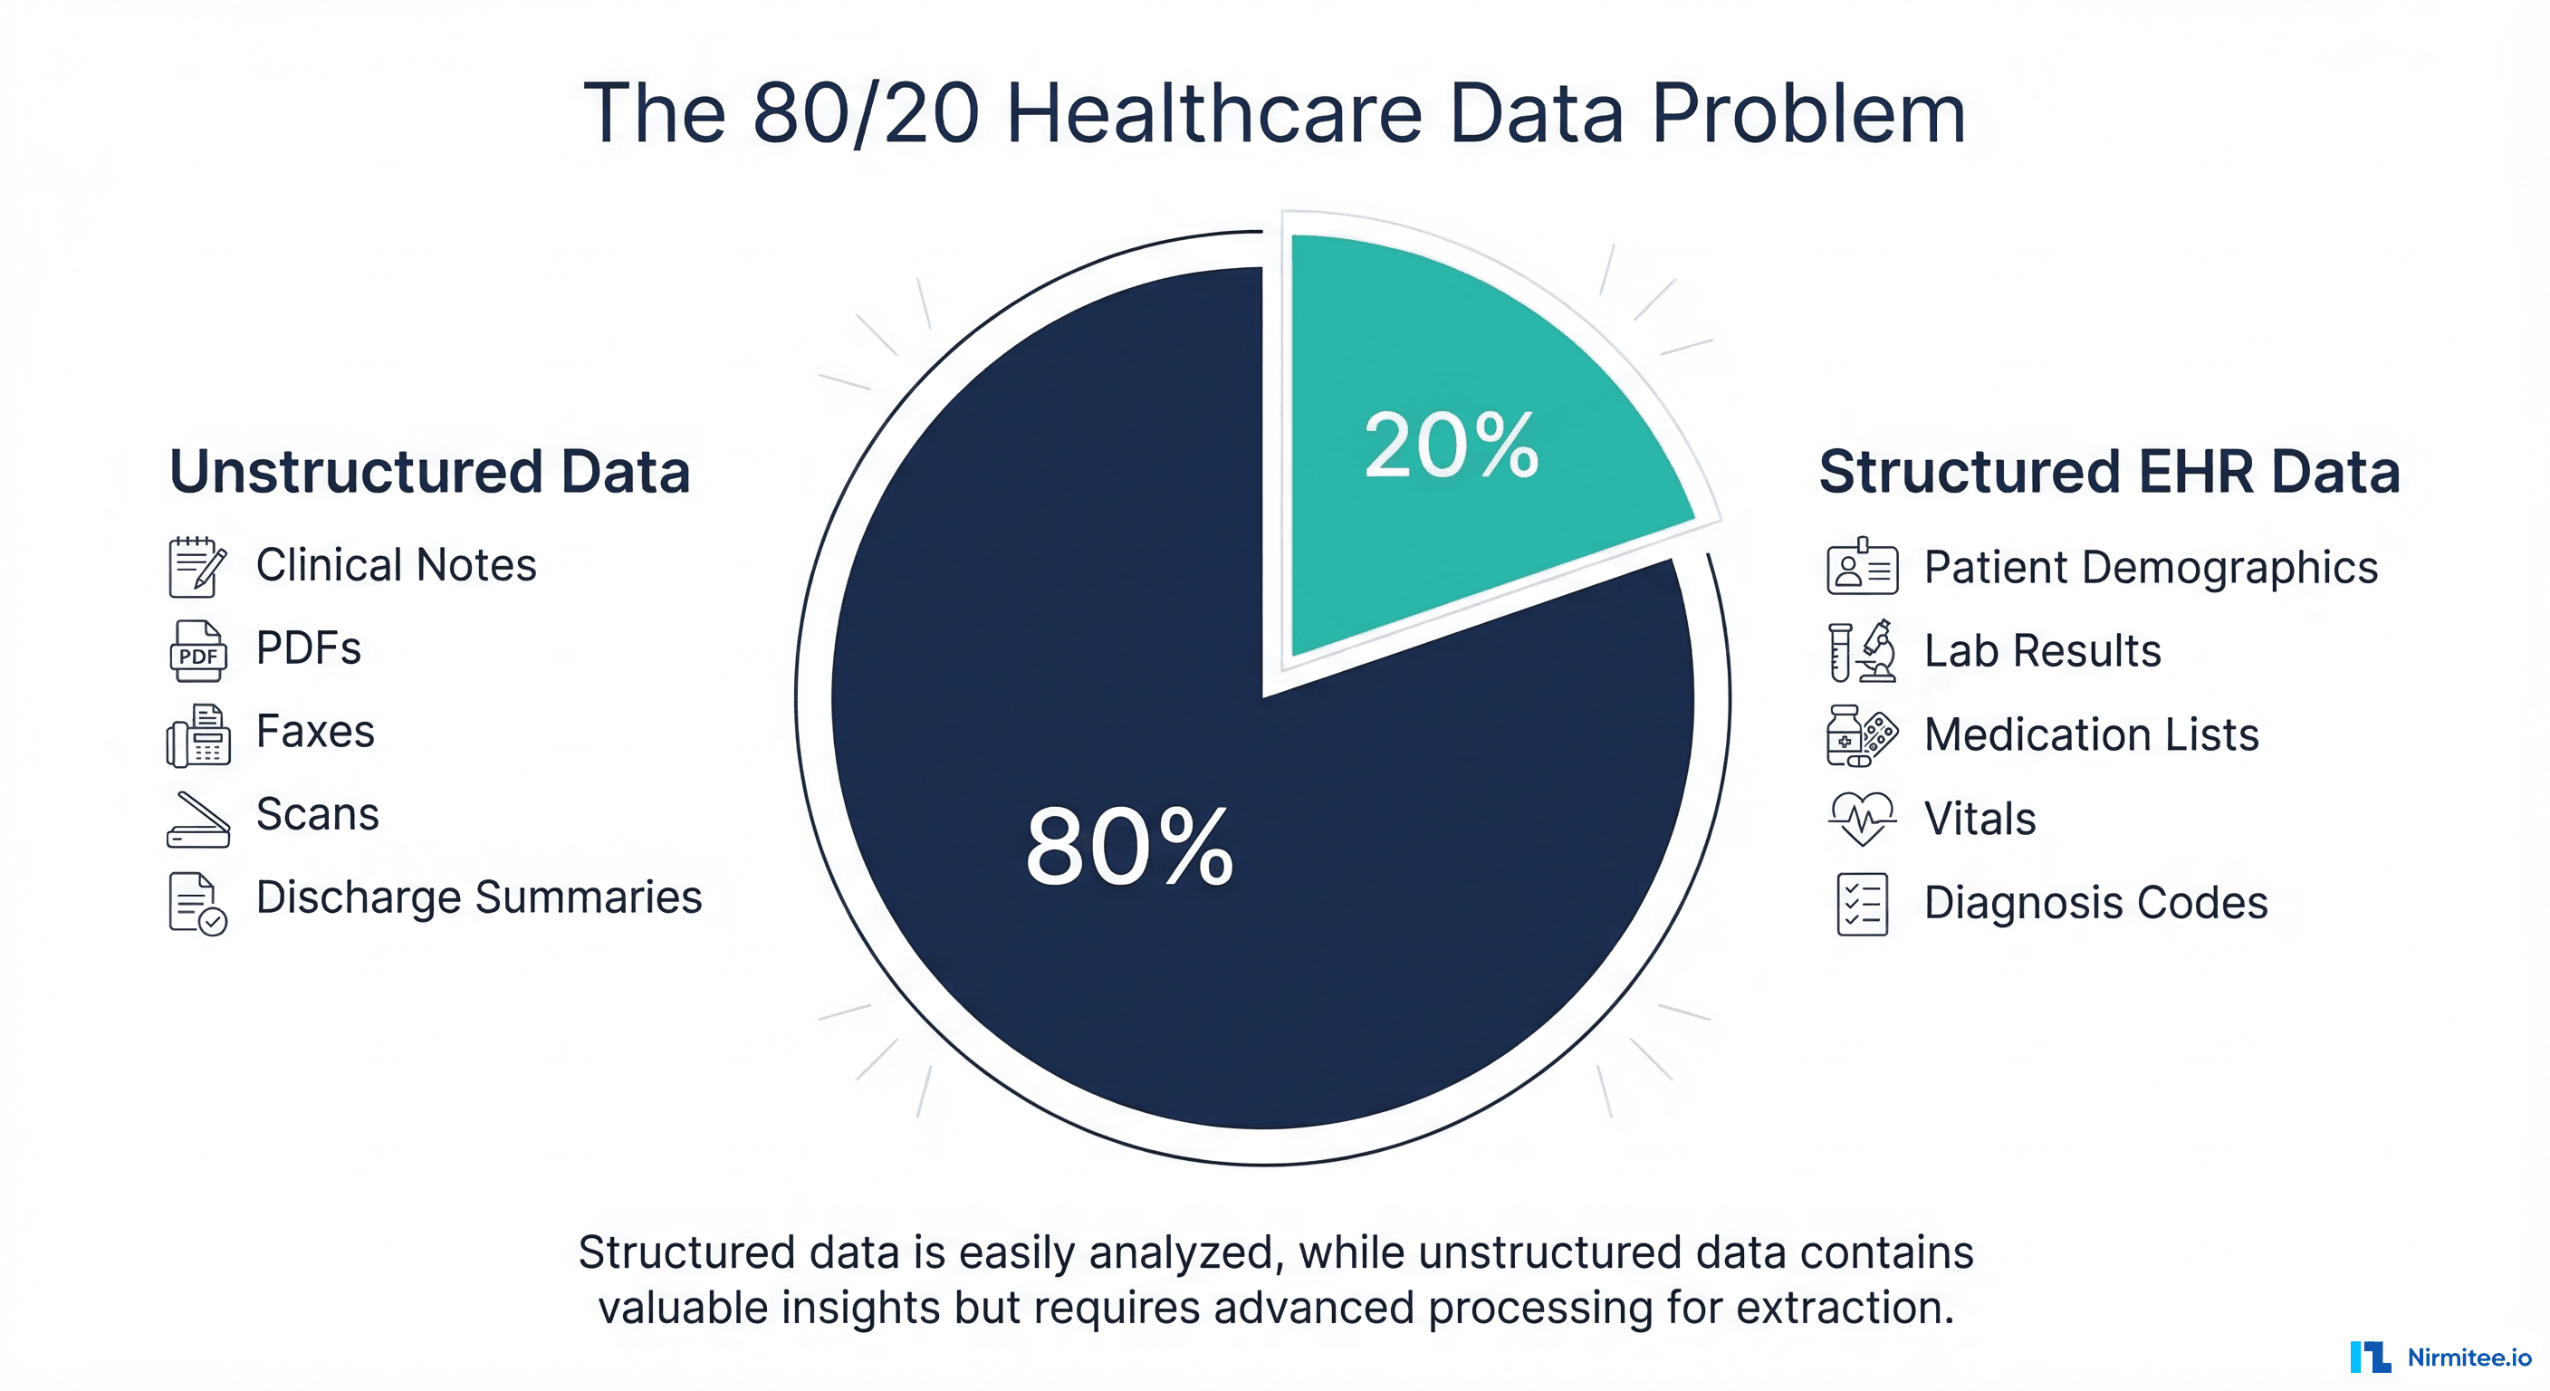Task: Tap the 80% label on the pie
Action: pos(1129,848)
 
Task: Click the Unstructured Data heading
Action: pos(429,471)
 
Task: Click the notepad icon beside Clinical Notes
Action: pos(197,566)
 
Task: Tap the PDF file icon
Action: pos(198,650)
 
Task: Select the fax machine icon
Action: pos(198,735)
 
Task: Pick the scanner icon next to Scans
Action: pos(198,819)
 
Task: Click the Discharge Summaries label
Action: pos(478,897)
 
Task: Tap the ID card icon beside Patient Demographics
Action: pos(1862,567)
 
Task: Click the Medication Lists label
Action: pos(2091,734)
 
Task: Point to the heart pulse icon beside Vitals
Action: pos(1862,818)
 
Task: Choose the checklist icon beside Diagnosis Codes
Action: pos(1862,903)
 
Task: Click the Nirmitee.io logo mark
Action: pos(2370,1357)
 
